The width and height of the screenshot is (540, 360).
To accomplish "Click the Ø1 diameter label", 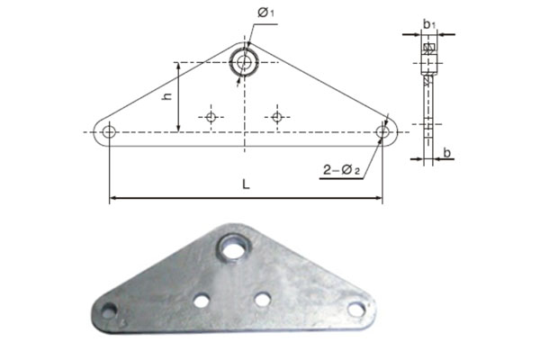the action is tap(265, 13).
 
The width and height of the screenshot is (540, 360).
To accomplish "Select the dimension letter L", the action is tap(246, 184).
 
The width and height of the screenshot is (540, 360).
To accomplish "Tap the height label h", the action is tap(167, 95).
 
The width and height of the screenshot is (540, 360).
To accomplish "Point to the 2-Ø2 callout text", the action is tap(341, 170).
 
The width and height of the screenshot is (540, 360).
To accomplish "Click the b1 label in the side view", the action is tap(429, 24).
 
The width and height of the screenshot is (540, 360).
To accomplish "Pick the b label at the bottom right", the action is tap(446, 153).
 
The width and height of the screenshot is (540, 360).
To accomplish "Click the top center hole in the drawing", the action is tap(244, 62).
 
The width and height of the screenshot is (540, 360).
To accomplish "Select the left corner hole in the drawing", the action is tap(109, 132).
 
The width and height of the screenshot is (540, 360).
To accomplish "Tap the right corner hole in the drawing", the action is tap(382, 132).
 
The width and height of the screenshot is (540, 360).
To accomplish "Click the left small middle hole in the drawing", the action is tap(211, 118).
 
